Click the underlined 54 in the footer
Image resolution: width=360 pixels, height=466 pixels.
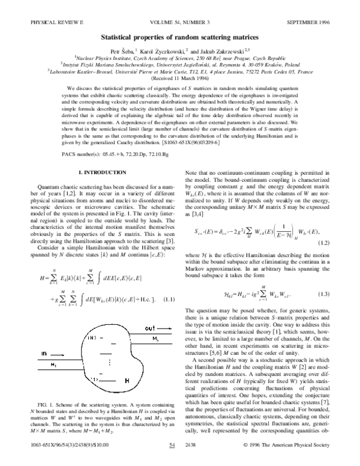(x=172, y=461)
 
